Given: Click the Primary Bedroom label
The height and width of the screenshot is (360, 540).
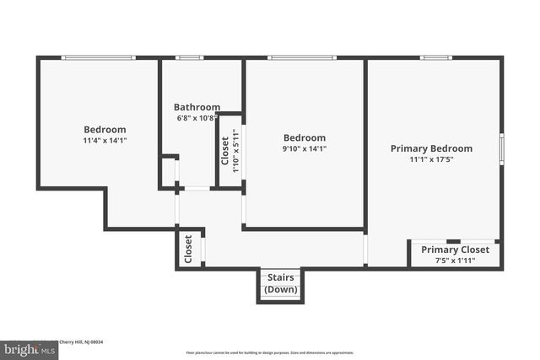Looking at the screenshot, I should point(431,148).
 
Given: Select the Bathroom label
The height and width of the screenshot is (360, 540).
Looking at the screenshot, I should point(197,107).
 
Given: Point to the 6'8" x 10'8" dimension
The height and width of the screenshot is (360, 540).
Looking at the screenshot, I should point(197,118).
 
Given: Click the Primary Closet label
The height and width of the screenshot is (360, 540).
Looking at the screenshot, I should point(455,250).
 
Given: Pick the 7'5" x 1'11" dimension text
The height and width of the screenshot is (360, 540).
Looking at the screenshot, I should point(455,261).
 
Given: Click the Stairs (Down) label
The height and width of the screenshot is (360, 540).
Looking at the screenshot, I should point(281,283).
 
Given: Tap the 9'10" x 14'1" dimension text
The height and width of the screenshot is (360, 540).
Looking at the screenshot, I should point(304,148).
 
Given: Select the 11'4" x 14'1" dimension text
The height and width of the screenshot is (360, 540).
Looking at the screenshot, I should point(105,140).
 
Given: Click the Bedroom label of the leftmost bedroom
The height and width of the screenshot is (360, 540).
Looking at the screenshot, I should point(105,129).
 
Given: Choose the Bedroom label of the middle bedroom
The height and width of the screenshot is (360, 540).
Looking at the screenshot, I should point(304,137).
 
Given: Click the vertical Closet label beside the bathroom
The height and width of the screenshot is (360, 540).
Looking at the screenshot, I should point(224,151).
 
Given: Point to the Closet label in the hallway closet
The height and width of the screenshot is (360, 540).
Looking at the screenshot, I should point(188,250).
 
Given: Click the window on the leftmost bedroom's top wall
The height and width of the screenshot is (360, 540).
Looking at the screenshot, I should point(99,57).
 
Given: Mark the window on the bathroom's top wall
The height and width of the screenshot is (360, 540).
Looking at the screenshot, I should point(190,57).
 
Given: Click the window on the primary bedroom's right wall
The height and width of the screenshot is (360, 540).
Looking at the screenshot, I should point(502,148).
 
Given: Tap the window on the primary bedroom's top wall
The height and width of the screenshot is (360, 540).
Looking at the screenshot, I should point(436,57).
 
